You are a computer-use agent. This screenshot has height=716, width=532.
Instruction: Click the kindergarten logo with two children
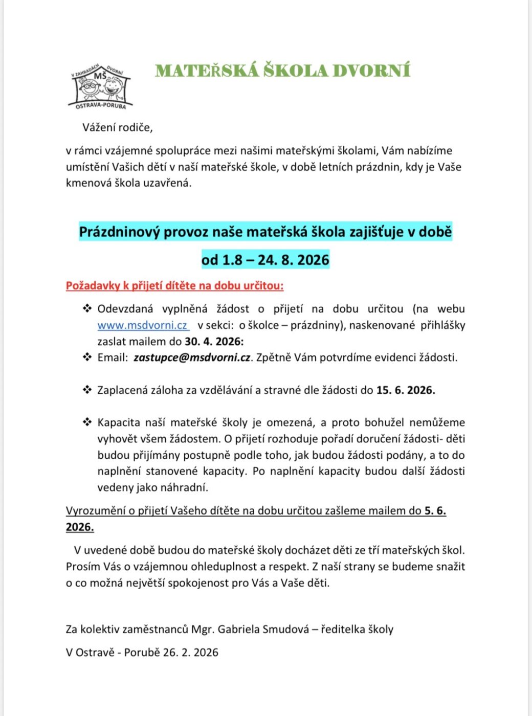[100, 86]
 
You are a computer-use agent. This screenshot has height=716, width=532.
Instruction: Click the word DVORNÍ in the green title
[371, 71]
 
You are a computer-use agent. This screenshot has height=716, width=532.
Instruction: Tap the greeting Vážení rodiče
[118, 127]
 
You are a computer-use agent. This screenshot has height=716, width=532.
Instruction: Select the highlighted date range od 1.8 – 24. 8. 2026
[265, 260]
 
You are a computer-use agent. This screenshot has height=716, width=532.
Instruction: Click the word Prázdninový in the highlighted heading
[119, 232]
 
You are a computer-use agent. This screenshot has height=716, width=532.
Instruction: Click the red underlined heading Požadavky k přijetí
[174, 285]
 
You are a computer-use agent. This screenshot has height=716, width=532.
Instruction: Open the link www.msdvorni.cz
[143, 325]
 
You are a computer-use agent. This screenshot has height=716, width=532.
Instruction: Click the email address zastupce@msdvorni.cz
[192, 357]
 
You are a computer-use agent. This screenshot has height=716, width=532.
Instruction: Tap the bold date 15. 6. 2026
[405, 390]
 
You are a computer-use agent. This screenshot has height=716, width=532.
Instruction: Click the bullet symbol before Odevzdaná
[87, 308]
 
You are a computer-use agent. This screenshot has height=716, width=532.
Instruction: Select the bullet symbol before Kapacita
[87, 422]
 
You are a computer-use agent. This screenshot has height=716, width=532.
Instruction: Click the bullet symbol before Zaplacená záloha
[87, 390]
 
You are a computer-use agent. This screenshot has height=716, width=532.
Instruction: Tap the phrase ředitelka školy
[357, 629]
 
